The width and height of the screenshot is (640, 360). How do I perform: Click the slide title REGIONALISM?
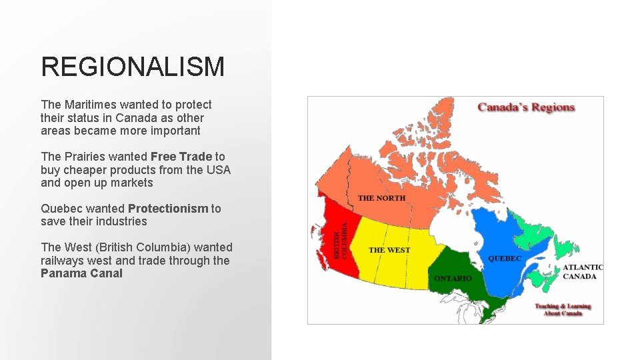[133, 67]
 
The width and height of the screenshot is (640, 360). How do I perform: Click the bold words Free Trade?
[181, 157]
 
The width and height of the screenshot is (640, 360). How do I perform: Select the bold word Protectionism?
[168, 209]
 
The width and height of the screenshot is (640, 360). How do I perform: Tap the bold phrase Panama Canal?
[82, 273]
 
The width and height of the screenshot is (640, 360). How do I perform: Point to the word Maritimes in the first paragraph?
[89, 105]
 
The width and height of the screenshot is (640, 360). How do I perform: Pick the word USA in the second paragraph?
[219, 169]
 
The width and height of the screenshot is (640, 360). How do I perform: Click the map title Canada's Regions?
[526, 107]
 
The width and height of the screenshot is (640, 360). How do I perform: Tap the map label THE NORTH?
[381, 198]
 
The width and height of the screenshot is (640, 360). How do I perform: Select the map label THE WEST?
[389, 250]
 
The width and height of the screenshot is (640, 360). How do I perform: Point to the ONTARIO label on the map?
[453, 278]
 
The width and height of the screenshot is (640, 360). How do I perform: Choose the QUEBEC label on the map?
[505, 258]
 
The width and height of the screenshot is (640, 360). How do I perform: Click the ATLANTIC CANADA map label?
[581, 272]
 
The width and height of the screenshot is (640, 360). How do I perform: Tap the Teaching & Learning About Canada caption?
[563, 310]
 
